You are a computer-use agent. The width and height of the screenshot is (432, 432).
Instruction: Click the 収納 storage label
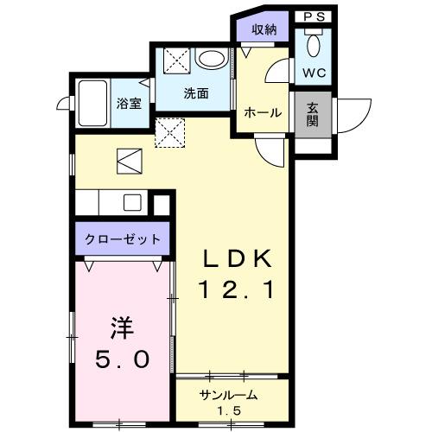point(264,29)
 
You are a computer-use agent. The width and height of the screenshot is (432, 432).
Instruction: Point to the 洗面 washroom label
point(195,94)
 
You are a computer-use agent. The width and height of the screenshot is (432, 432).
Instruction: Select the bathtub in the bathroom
point(92,101)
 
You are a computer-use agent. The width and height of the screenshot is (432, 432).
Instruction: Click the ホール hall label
point(261,112)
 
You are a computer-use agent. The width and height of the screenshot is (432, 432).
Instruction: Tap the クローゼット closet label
point(123,239)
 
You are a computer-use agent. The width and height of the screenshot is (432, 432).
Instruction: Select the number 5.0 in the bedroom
point(121,357)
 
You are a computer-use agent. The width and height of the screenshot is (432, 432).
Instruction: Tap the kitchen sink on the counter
point(132,203)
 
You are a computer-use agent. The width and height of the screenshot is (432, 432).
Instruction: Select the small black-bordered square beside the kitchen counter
point(161,206)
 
